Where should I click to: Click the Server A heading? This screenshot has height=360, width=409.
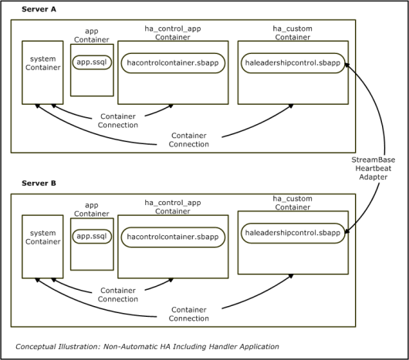click(39, 9)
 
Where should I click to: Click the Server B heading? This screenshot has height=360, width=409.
click(39, 183)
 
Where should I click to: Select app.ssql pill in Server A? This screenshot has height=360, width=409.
click(92, 62)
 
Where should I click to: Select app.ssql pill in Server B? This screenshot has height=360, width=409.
click(92, 236)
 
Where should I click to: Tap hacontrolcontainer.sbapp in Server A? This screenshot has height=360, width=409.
click(173, 63)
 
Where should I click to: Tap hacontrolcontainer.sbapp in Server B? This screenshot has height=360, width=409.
click(173, 237)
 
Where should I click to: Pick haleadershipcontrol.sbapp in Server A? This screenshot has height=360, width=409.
click(293, 63)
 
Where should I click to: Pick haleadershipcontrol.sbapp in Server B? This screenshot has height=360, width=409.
click(293, 233)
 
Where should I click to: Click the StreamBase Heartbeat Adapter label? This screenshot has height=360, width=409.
click(374, 168)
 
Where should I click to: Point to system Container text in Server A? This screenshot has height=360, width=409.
click(42, 63)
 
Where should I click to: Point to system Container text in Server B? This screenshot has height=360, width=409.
click(42, 237)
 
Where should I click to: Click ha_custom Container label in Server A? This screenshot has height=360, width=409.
click(292, 33)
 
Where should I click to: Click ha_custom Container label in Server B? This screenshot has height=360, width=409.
click(292, 203)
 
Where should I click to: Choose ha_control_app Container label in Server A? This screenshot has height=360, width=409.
click(173, 33)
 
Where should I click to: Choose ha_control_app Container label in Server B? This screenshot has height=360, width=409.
click(173, 207)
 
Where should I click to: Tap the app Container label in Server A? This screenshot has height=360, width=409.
click(92, 35)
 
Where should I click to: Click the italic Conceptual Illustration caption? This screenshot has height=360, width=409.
click(147, 347)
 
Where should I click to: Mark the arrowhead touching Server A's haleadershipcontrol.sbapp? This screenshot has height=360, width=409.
click(347, 64)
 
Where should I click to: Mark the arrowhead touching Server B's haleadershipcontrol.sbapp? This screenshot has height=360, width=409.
click(347, 230)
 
